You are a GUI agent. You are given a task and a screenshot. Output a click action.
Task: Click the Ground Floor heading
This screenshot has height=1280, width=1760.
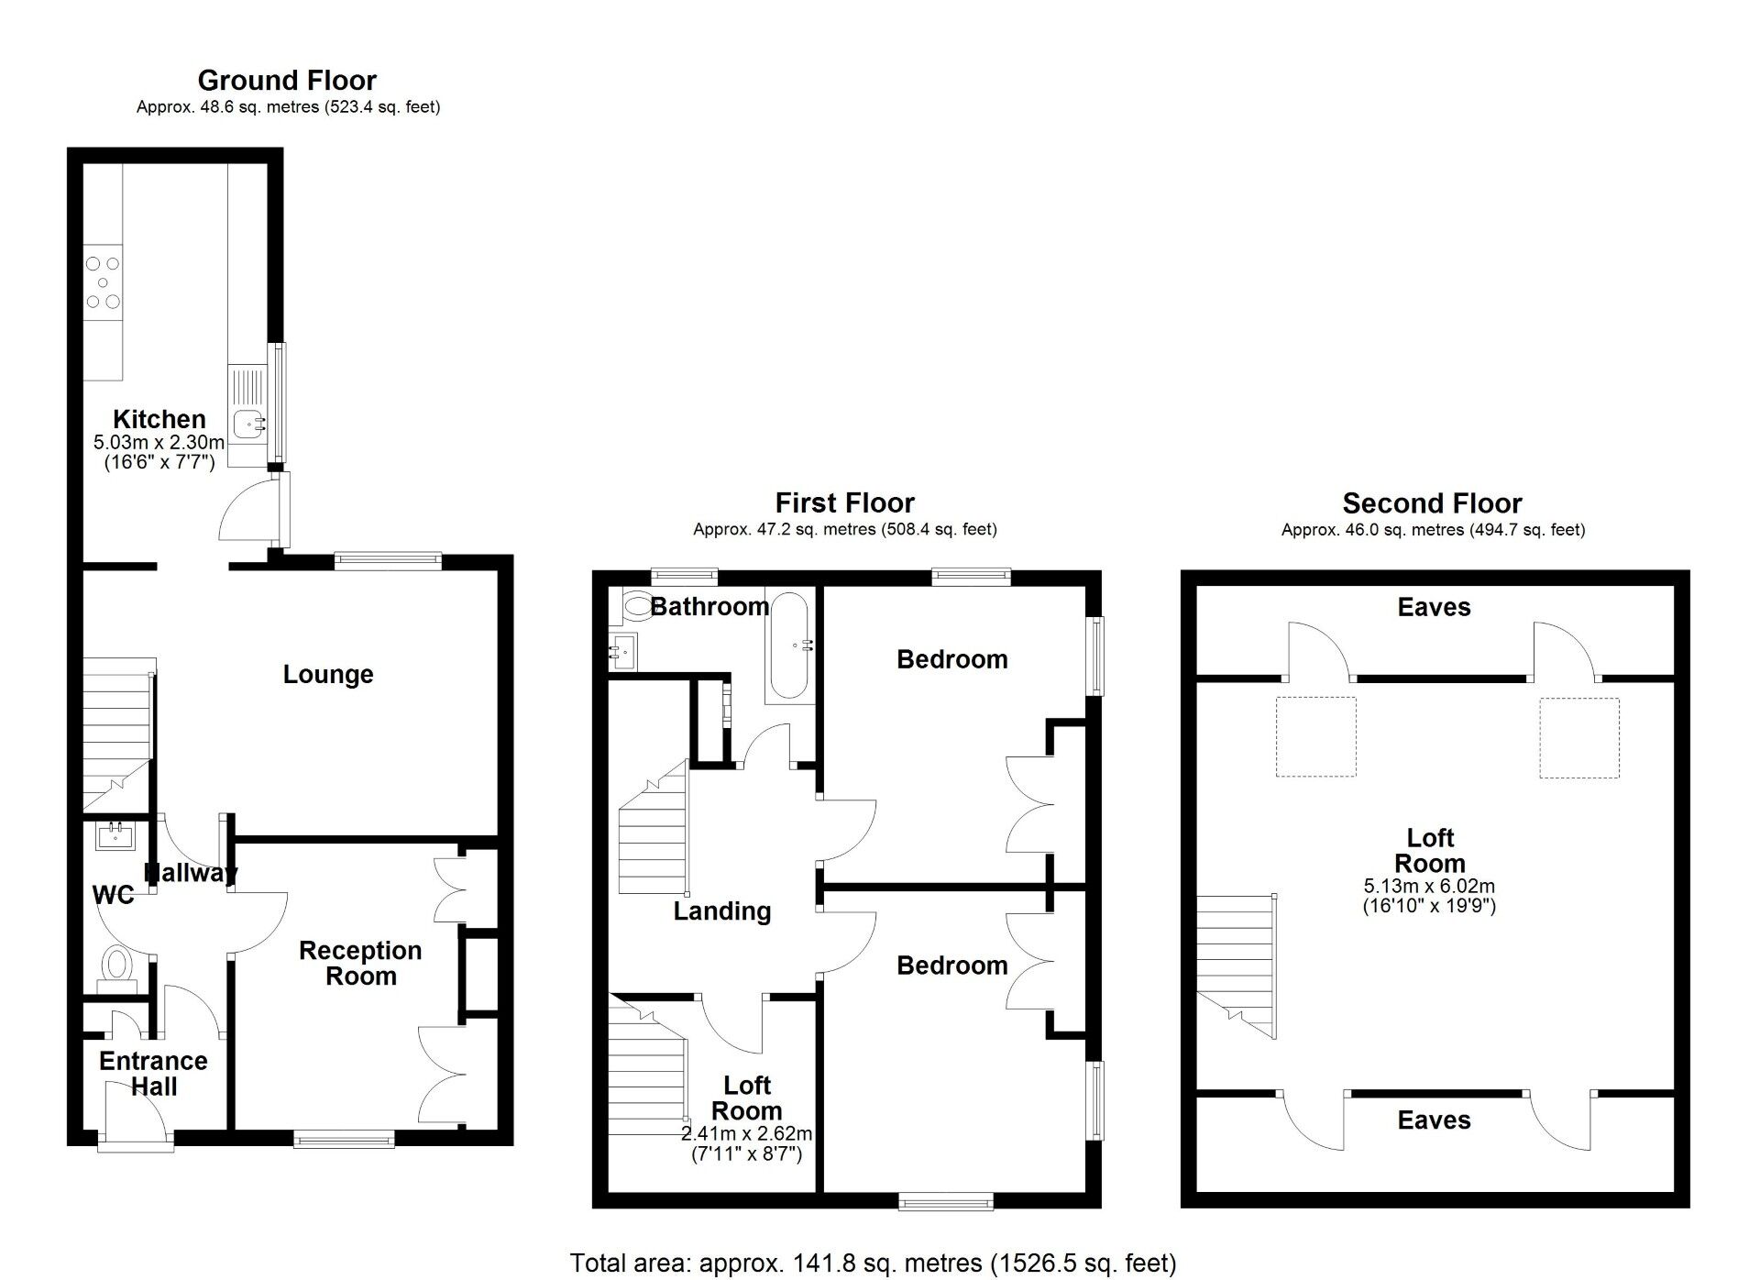click(287, 81)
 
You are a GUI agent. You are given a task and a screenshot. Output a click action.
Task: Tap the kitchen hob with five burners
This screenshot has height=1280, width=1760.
click(103, 281)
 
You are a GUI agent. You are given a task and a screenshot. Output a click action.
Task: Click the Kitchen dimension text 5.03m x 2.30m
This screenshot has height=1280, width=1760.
click(159, 443)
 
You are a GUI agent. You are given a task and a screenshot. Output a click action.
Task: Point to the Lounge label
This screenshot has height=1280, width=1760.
click(327, 675)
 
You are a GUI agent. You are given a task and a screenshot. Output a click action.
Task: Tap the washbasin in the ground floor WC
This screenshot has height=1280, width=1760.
click(116, 836)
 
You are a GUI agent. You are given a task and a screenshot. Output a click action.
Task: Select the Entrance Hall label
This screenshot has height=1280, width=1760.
click(153, 1074)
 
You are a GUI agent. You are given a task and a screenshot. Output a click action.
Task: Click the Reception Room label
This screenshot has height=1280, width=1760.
click(360, 963)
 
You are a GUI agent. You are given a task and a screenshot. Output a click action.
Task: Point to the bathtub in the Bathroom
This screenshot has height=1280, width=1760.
click(790, 646)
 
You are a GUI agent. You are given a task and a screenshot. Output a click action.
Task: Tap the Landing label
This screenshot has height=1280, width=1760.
click(721, 911)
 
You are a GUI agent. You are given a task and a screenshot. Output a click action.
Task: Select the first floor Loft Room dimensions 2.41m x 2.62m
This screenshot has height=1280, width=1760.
click(746, 1134)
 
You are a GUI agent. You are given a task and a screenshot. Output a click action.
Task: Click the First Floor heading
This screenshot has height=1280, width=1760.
click(844, 503)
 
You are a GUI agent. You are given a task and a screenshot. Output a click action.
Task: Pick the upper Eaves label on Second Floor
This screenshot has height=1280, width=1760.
click(1434, 607)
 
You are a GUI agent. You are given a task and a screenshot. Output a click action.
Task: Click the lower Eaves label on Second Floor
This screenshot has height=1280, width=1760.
click(1434, 1120)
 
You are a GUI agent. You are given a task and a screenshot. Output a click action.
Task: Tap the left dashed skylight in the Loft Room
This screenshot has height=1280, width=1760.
click(1315, 736)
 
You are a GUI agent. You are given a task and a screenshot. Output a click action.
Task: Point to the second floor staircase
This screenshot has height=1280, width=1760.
click(1235, 963)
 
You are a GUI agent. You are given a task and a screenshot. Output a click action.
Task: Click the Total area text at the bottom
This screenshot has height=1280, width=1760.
click(872, 1263)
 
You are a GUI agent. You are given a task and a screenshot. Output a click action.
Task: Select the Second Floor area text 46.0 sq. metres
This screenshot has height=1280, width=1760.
click(1433, 530)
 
